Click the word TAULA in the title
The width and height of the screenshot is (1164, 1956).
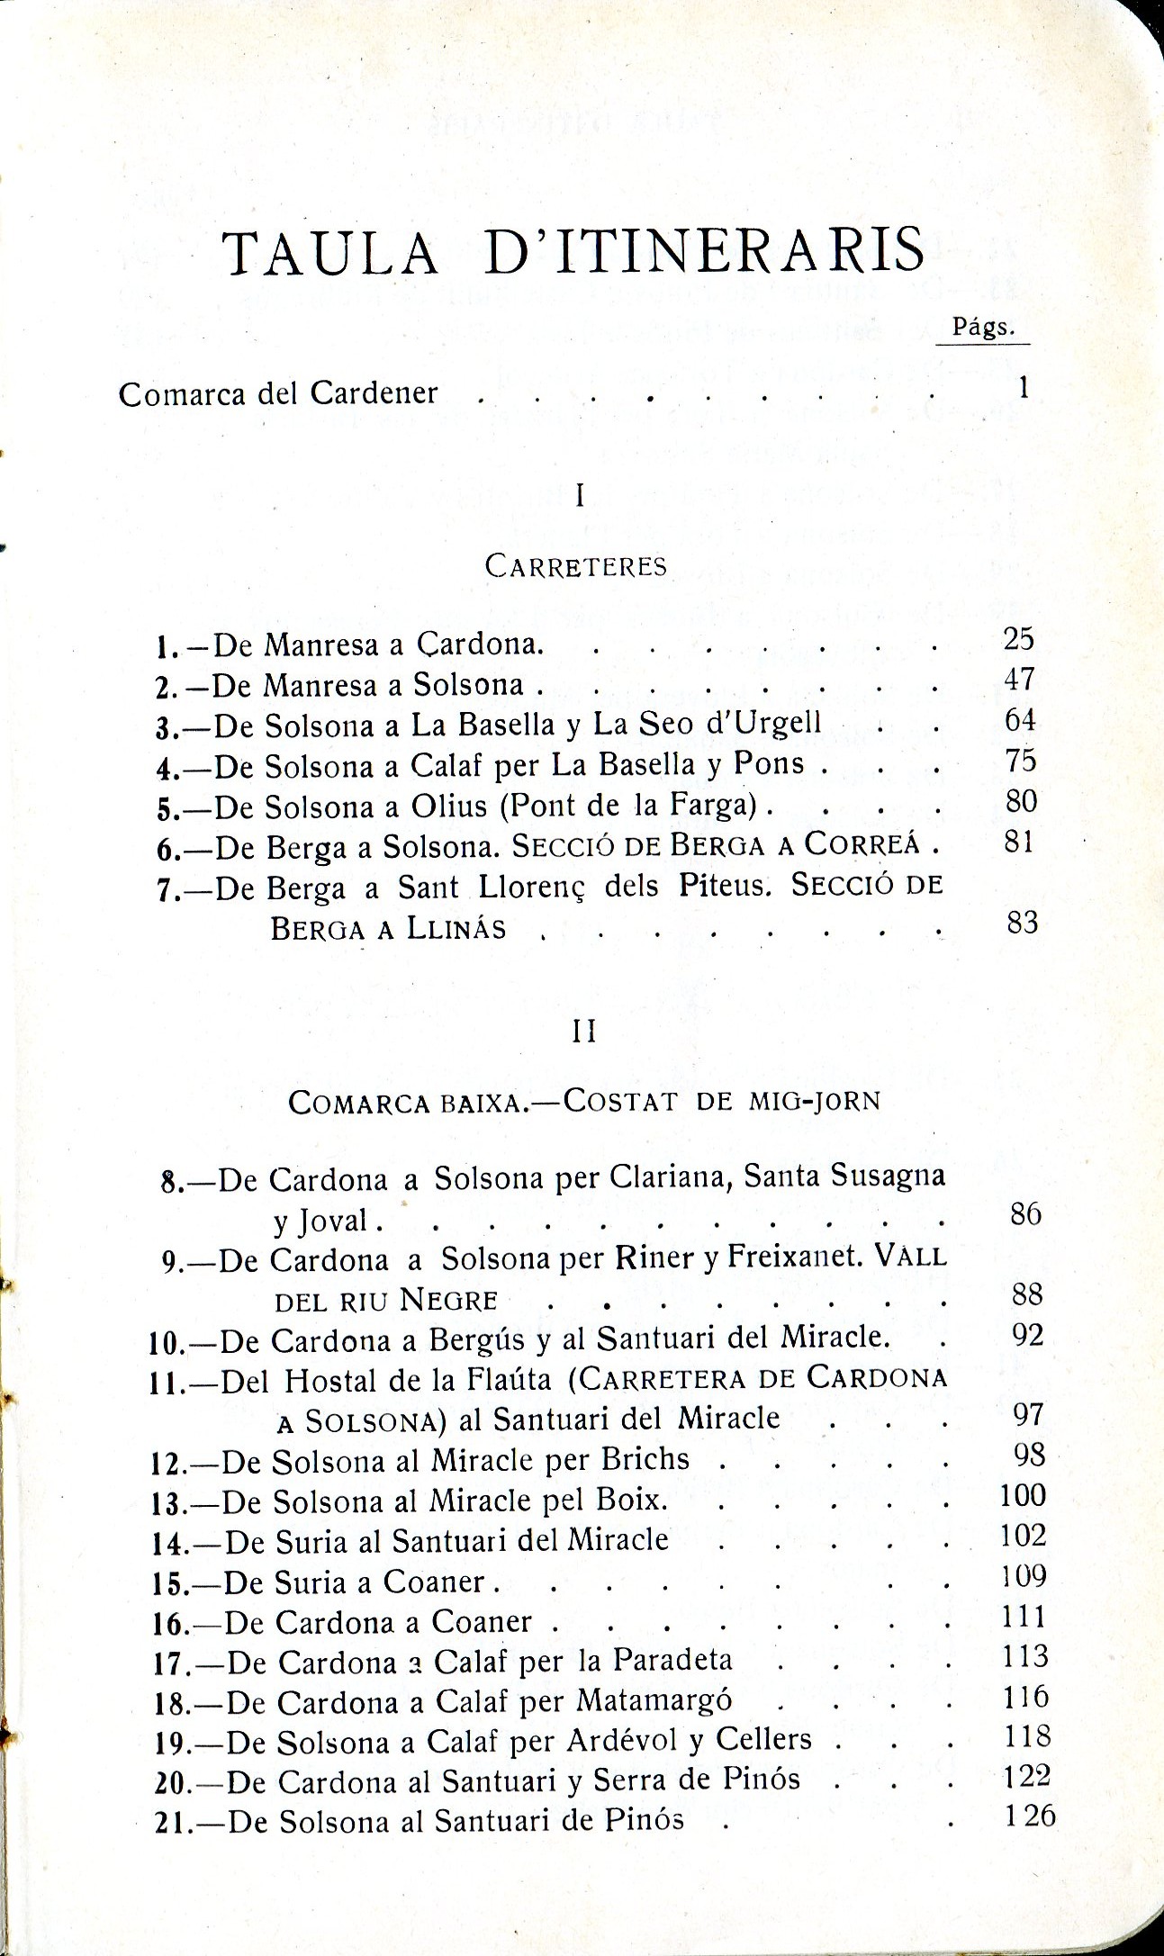(x=330, y=253)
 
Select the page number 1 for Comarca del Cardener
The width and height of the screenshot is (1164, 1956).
(x=1022, y=387)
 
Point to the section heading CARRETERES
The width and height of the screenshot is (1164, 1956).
(x=576, y=566)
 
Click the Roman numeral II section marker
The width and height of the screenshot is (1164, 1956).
(x=584, y=1032)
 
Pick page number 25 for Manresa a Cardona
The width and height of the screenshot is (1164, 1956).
(x=1019, y=639)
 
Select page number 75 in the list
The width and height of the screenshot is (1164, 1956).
(x=1021, y=762)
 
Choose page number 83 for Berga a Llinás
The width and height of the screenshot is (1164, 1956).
(x=1023, y=923)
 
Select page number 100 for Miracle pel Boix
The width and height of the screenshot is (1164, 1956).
(x=1024, y=1496)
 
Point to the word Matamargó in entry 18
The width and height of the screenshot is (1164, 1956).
(x=654, y=1699)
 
